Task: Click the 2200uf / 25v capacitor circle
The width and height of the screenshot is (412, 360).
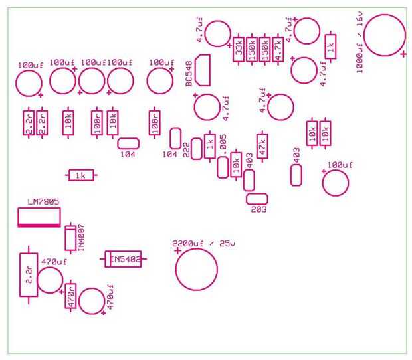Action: coord(197,269)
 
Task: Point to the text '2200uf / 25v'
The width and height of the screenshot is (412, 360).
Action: coord(203,243)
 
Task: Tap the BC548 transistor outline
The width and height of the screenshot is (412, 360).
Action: coord(203,70)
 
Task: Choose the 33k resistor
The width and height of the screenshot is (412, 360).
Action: coord(239,49)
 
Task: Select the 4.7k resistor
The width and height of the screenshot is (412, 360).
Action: coord(278,49)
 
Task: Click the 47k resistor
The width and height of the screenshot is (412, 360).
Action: coord(262,146)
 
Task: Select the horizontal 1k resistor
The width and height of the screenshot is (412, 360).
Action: coord(82,175)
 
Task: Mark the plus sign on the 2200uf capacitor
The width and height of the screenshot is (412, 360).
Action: coord(177,252)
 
